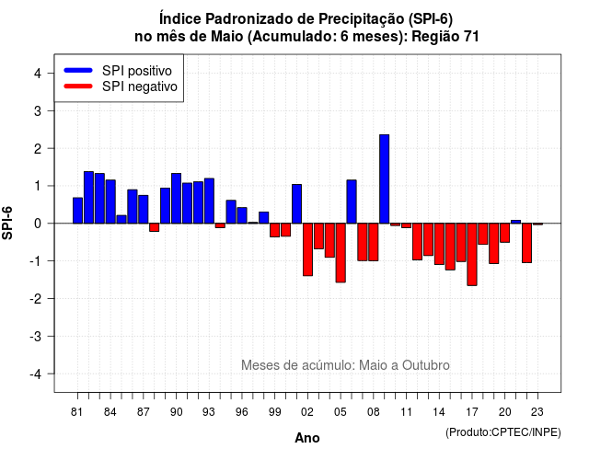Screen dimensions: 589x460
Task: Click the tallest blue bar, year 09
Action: coord(385,178)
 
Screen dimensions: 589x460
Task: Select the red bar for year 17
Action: coord(472,254)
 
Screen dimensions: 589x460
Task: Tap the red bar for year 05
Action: coord(341,253)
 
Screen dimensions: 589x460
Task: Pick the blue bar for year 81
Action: coord(77,211)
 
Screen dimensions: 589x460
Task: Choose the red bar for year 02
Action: coord(307,249)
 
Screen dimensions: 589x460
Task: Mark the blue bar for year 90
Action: coord(176,199)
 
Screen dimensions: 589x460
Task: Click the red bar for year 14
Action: coord(439,244)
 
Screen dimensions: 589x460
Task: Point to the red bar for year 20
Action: coord(505,233)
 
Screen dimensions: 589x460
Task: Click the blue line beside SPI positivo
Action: coord(78,70)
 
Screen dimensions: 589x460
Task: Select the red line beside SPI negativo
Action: coord(78,86)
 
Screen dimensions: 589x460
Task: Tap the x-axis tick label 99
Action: coord(274,412)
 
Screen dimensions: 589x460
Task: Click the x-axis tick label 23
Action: coord(537,412)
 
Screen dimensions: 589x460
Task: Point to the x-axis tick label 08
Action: coord(373,412)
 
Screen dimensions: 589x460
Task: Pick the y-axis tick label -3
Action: coord(36,337)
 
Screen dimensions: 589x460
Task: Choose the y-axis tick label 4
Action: coord(38,74)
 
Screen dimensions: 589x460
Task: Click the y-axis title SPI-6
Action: coord(7,223)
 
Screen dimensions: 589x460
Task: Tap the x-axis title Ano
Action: coord(307,438)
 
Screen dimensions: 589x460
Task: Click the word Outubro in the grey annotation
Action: coord(425,365)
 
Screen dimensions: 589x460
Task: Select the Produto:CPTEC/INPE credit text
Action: coord(503,432)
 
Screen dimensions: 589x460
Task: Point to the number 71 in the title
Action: coord(471,37)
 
